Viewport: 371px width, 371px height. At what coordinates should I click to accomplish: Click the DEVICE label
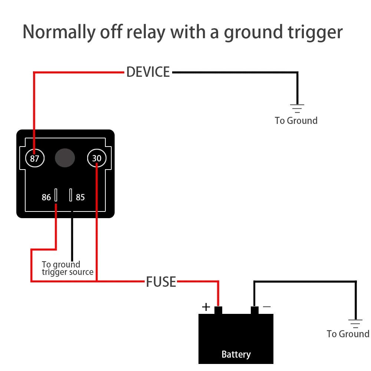pyautogui.click(x=148, y=72)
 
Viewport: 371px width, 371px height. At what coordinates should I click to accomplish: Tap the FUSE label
pyautogui.click(x=161, y=282)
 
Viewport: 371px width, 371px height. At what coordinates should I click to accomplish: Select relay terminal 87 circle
pyautogui.click(x=35, y=159)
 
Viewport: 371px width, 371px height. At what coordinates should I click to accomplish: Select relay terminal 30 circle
pyautogui.click(x=97, y=159)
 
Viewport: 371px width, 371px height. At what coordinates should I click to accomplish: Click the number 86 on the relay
pyautogui.click(x=46, y=197)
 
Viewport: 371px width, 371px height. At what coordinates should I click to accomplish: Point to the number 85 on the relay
pyautogui.click(x=80, y=197)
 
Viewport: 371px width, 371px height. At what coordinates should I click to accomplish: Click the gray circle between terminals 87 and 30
pyautogui.click(x=65, y=158)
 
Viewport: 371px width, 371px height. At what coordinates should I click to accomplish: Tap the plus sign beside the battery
pyautogui.click(x=206, y=307)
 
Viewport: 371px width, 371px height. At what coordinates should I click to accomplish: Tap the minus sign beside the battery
pyautogui.click(x=267, y=307)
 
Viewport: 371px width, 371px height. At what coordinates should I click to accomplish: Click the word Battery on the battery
pyautogui.click(x=236, y=354)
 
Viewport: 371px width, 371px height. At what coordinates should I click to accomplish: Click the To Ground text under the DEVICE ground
pyautogui.click(x=296, y=121)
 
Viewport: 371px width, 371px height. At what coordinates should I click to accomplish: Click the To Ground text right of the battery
pyautogui.click(x=348, y=334)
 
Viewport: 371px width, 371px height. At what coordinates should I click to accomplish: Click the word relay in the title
pyautogui.click(x=146, y=32)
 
